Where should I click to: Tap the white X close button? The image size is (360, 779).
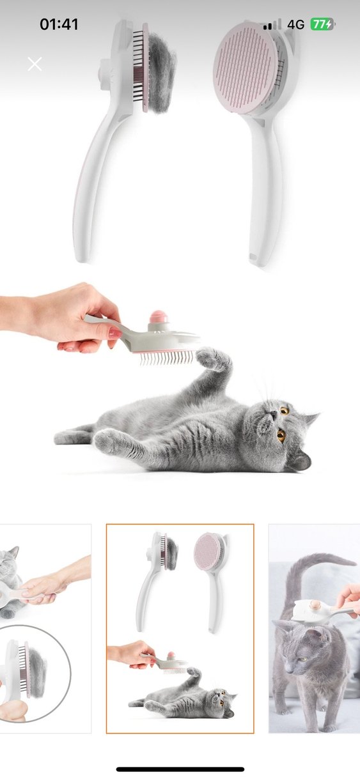35,64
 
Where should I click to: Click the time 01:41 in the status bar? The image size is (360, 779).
59,24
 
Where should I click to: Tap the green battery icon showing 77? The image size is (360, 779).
322,24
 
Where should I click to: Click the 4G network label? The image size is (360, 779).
295,24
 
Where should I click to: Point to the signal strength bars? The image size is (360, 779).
272,25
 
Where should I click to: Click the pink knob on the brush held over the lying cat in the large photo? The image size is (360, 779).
157,318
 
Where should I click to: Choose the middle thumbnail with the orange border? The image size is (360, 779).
180,628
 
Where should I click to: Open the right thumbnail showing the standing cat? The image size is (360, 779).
314,628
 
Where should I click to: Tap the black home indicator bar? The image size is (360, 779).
180,769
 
